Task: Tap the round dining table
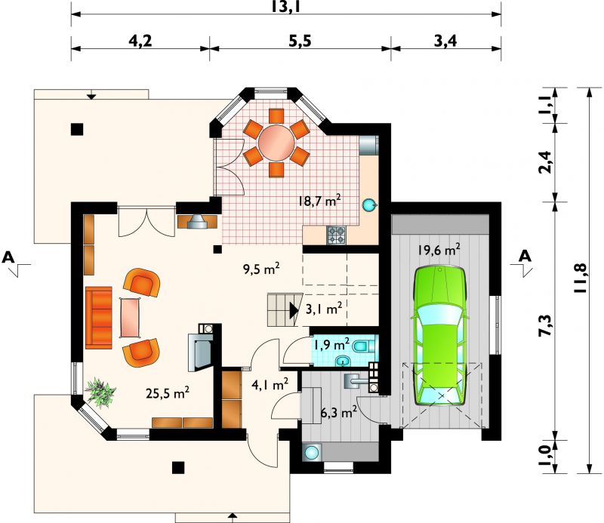[276, 143]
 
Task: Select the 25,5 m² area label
[167, 393]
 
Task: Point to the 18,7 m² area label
[319, 200]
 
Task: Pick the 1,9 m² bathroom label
[331, 344]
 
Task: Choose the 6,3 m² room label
[338, 413]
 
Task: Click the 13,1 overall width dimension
[285, 7]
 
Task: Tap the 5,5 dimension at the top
[300, 41]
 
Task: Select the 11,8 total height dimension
[580, 278]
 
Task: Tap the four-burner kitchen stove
[336, 235]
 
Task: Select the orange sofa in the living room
[99, 318]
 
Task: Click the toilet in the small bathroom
[362, 346]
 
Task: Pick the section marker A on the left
[8, 257]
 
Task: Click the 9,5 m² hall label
[260, 269]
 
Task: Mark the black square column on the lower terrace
[178, 467]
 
